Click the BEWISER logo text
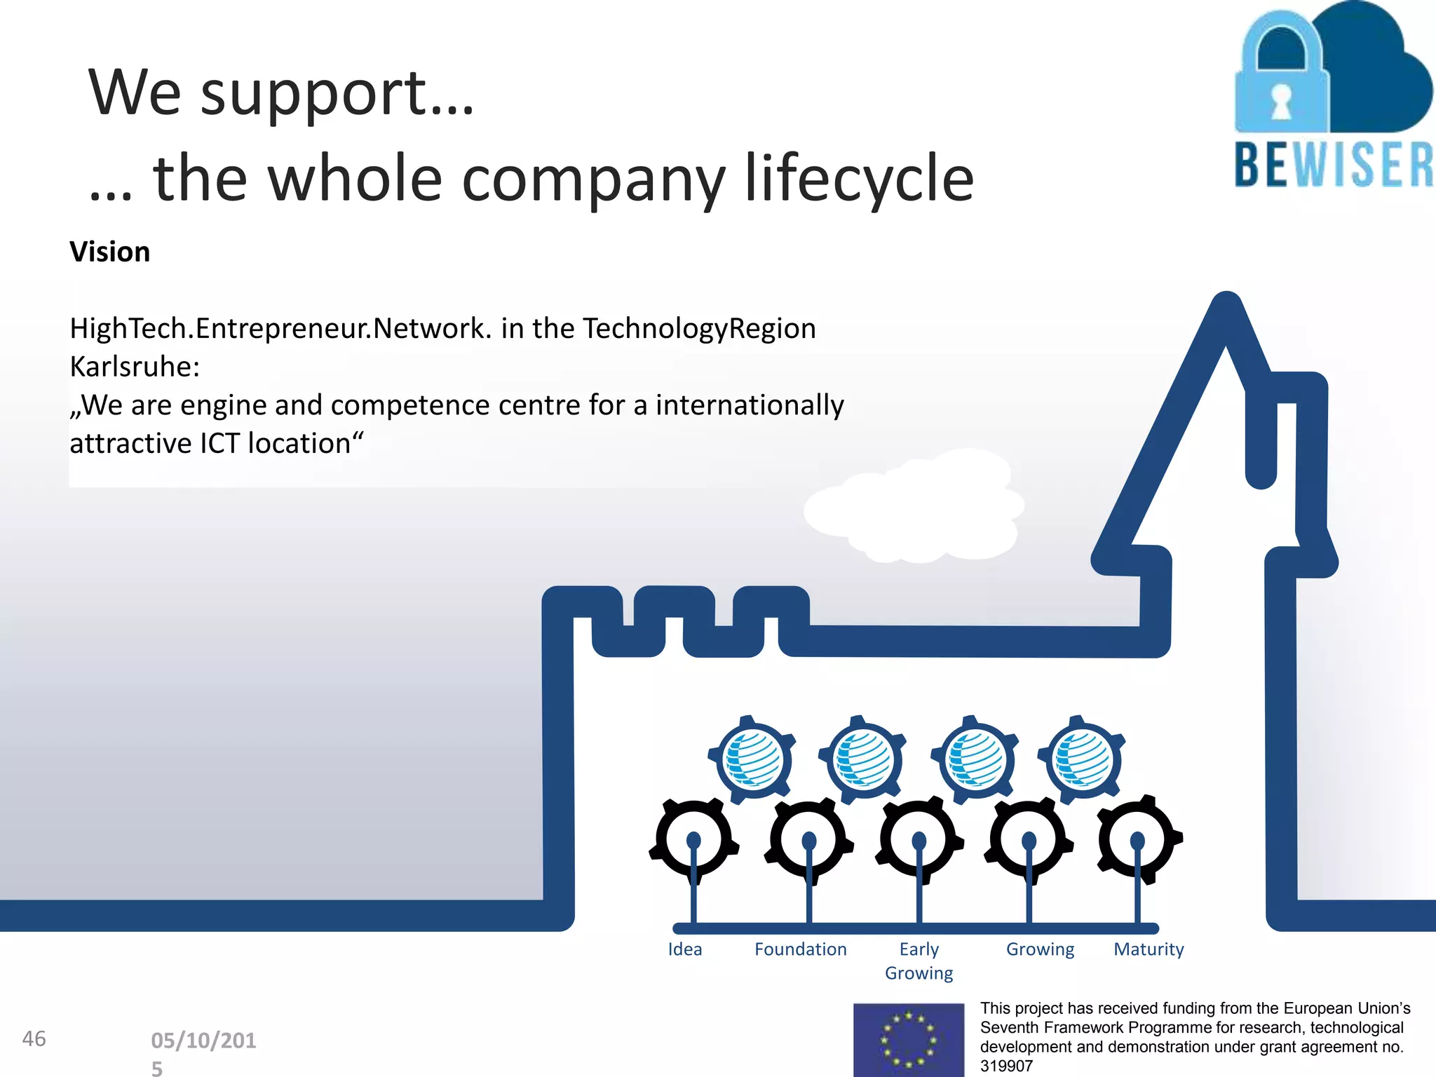coord(1334,165)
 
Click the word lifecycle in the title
coord(859,179)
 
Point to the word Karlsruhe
coord(134,367)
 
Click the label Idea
coord(684,949)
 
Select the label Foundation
coord(800,949)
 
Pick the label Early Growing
coord(919,961)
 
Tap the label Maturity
coord(1149,949)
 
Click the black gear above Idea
coord(693,839)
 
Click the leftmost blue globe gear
coord(753,760)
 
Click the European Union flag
coord(908,1040)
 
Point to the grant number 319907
coord(1006,1066)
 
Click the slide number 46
coord(34,1038)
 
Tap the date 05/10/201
coord(203,1041)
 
